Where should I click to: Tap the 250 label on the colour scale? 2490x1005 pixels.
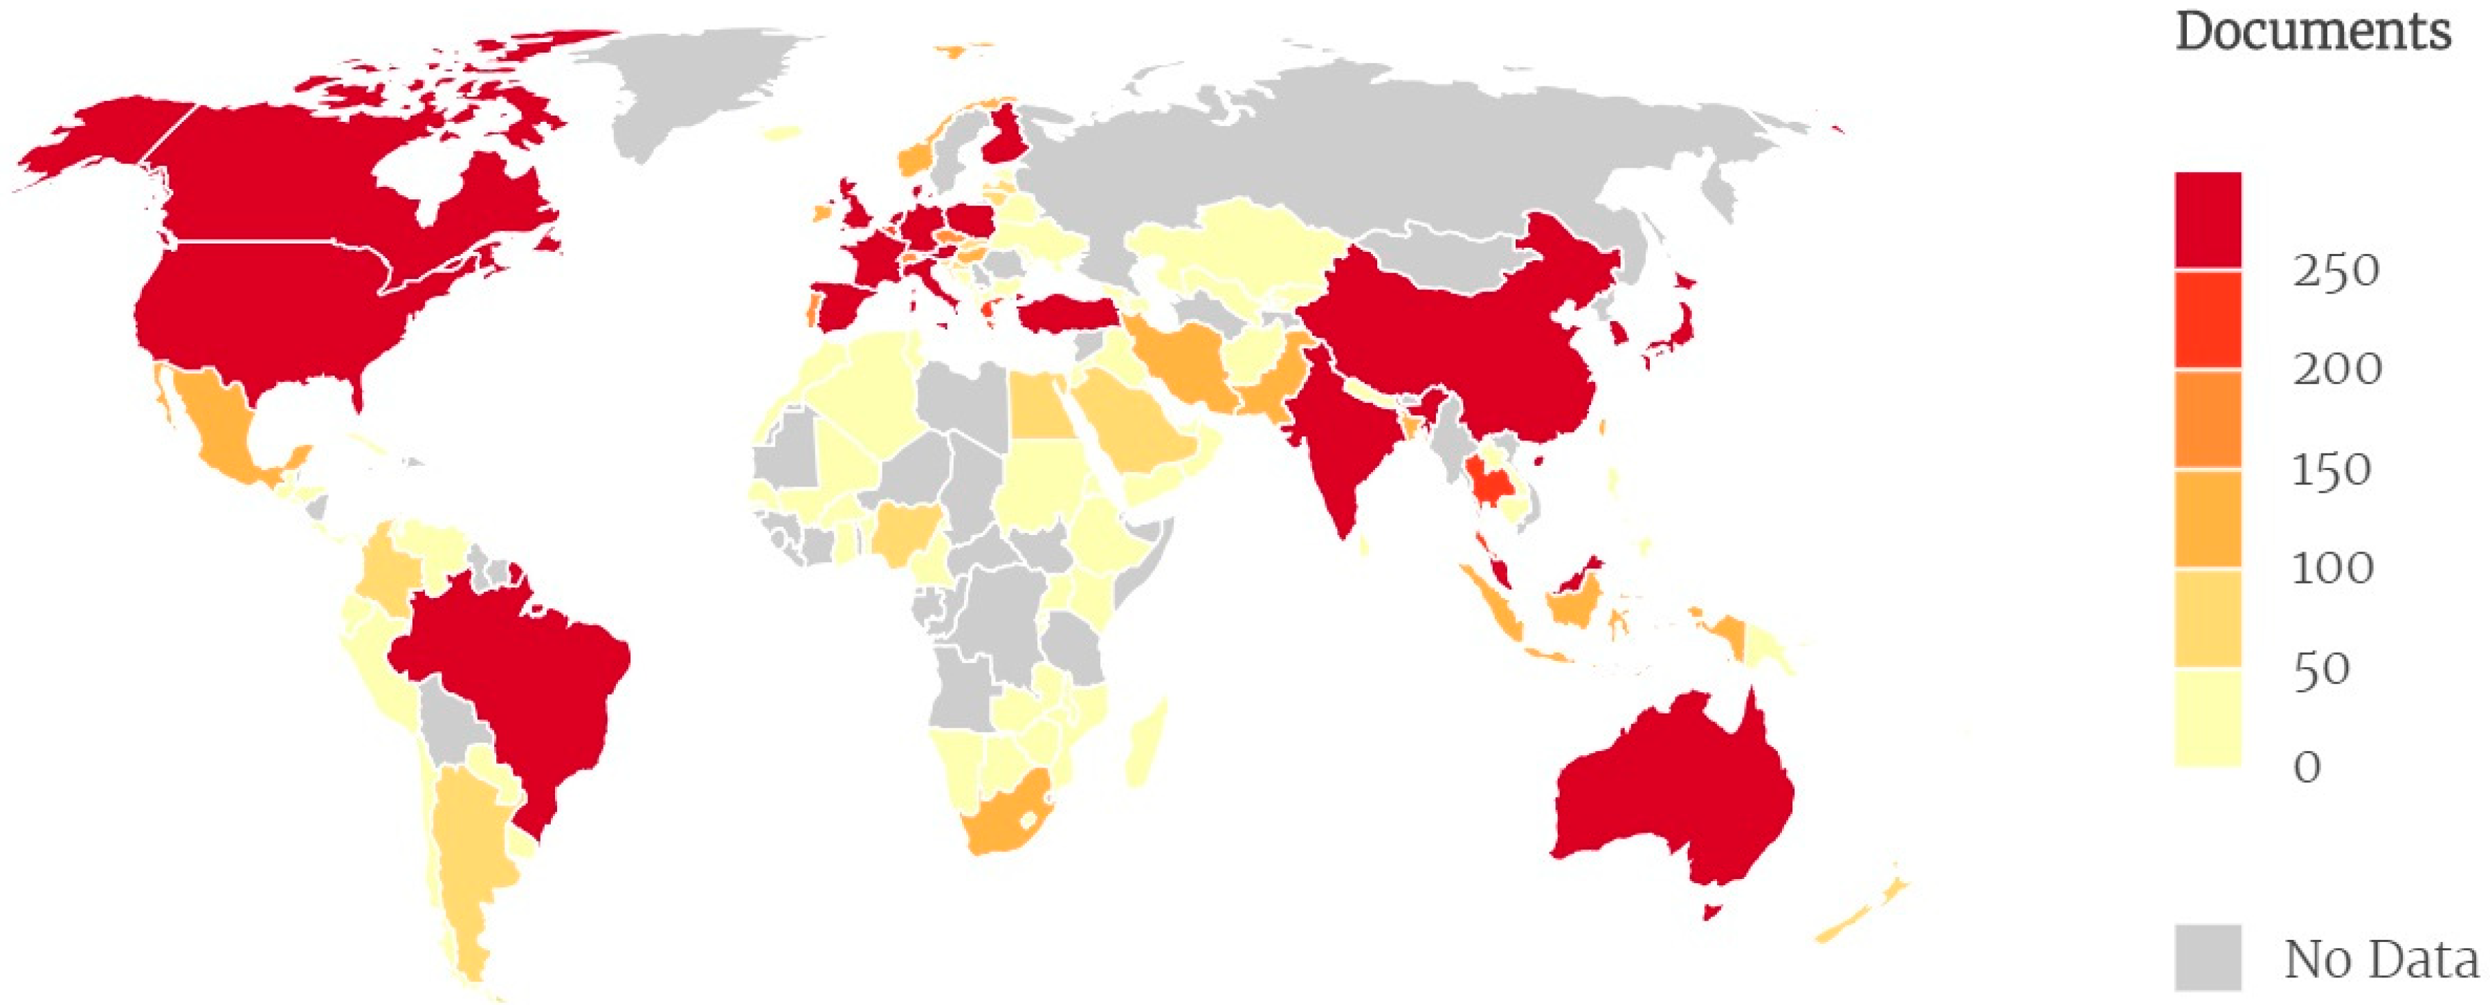(x=2336, y=271)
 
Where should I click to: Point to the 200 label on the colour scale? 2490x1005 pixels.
(x=2337, y=369)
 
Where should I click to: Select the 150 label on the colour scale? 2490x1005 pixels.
(x=2332, y=471)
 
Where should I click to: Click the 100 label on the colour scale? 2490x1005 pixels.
(x=2332, y=568)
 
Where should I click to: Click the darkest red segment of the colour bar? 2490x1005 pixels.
(x=2208, y=220)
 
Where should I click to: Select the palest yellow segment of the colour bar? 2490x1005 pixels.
(x=2208, y=717)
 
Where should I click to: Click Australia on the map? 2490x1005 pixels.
(x=1672, y=793)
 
